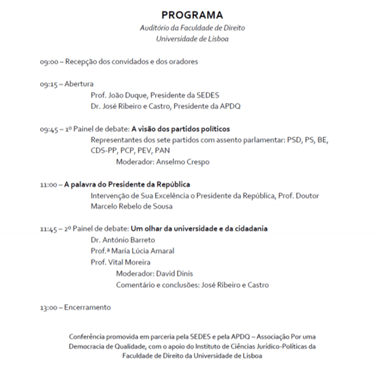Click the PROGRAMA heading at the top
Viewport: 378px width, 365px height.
(x=192, y=14)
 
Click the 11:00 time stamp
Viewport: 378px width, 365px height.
(x=48, y=185)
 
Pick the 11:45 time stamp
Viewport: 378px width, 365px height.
(x=49, y=229)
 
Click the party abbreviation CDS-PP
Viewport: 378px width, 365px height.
(x=105, y=150)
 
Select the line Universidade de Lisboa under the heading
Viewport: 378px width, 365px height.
(x=191, y=39)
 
